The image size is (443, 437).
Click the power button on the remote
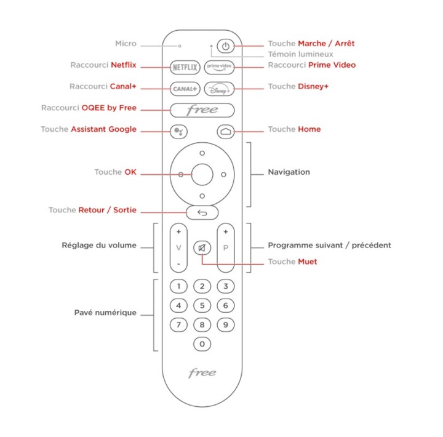tap(226, 47)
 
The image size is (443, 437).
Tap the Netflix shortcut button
tap(184, 66)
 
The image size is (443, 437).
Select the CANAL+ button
tap(184, 89)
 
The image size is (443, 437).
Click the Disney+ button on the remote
tap(220, 89)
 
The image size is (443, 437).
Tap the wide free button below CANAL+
tap(202, 110)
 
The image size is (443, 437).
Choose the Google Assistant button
tap(177, 131)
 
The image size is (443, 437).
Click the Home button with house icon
tap(225, 131)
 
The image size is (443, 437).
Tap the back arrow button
tap(202, 213)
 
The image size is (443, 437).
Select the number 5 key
tap(202, 306)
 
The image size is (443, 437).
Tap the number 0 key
tap(202, 344)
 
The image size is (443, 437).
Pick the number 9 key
tap(226, 325)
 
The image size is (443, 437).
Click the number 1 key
tap(178, 287)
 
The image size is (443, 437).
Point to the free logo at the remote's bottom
tap(202, 373)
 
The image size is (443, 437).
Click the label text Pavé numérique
tap(105, 313)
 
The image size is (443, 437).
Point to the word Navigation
tap(289, 172)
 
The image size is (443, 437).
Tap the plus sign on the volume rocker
tap(178, 232)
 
